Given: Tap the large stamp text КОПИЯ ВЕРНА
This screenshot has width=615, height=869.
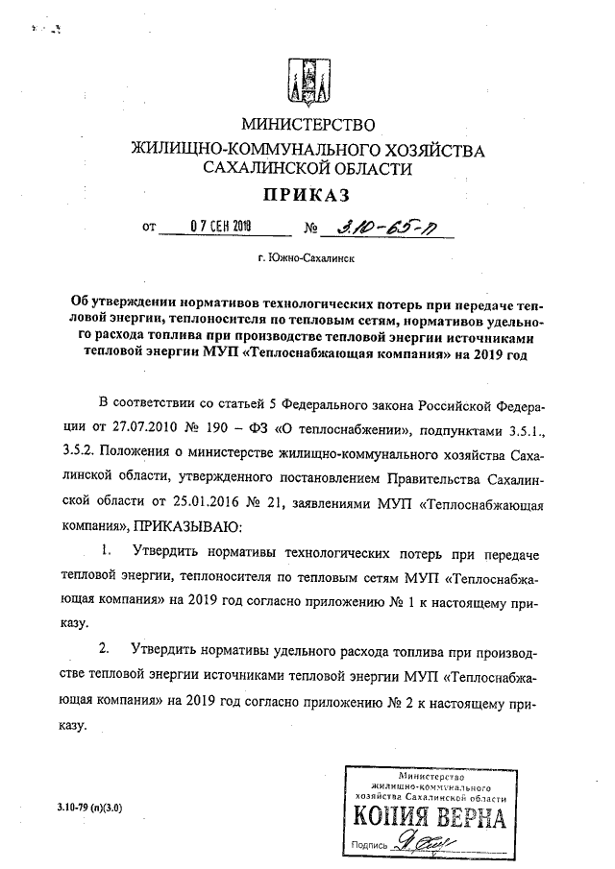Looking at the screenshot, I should pyautogui.click(x=430, y=819).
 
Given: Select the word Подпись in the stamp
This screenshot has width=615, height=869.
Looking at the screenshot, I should pyautogui.click(x=371, y=846).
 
